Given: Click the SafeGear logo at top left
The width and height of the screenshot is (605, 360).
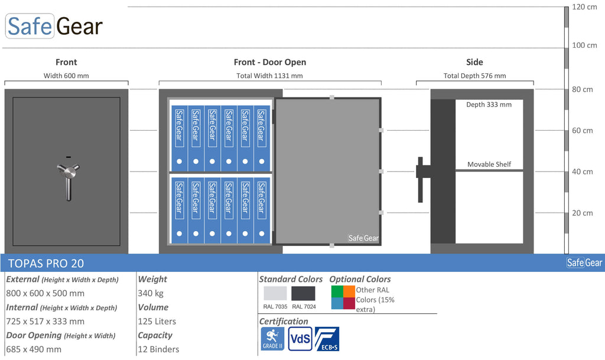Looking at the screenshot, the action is click(x=54, y=26).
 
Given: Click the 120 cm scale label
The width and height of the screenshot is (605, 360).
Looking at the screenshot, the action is click(x=584, y=7).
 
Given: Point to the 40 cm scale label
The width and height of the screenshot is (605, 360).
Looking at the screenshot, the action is click(x=582, y=171).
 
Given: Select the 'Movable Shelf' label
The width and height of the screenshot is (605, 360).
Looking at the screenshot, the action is click(x=489, y=164).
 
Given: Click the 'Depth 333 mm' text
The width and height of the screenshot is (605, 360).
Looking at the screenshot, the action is click(x=489, y=105).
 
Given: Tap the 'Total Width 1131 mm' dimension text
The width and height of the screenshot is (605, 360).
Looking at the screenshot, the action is click(x=269, y=76).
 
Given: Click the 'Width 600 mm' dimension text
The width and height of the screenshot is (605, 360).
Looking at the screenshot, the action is click(x=66, y=76).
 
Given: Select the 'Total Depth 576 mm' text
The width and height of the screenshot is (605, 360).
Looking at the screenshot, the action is click(x=474, y=76).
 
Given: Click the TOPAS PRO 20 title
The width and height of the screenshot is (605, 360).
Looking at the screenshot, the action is click(x=46, y=263).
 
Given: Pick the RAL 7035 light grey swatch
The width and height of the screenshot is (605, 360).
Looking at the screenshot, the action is click(x=275, y=293).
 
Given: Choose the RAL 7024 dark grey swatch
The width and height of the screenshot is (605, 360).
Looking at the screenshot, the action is click(x=303, y=293).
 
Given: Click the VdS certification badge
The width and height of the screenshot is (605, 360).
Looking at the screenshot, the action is click(x=300, y=339).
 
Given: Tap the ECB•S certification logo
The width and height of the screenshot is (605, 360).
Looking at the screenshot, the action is click(x=327, y=339).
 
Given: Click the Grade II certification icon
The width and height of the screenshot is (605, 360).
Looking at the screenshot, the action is click(x=272, y=339).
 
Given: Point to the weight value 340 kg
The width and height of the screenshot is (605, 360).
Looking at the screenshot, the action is click(x=151, y=293).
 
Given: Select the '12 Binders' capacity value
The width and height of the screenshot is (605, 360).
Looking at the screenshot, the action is click(x=158, y=349).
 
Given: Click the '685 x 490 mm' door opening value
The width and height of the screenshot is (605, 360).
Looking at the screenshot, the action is click(x=34, y=349).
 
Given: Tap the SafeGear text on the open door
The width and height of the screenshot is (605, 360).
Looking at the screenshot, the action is click(x=363, y=238).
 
